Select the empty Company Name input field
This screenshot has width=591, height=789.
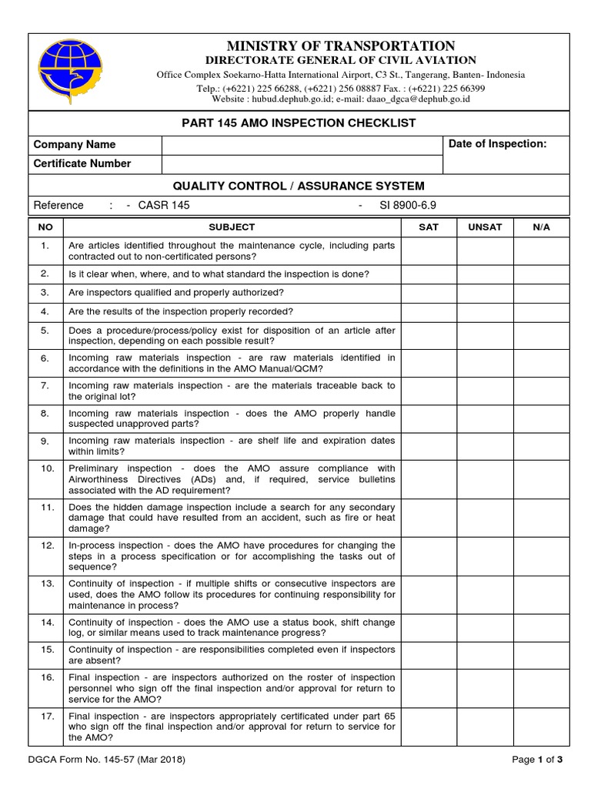(x=302, y=145)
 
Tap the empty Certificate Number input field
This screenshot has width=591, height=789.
(x=302, y=164)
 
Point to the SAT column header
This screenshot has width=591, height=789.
(x=428, y=227)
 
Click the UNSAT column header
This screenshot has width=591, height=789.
(x=485, y=227)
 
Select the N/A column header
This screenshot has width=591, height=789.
(x=542, y=227)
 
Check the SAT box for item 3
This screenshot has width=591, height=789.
(x=428, y=293)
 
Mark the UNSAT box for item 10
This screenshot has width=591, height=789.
(x=485, y=479)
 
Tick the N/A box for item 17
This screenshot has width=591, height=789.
(x=542, y=727)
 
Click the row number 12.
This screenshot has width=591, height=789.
(x=46, y=545)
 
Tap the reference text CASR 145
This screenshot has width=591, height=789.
(x=163, y=206)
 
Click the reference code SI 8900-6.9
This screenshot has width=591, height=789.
(x=407, y=206)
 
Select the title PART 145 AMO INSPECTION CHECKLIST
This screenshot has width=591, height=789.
(x=299, y=123)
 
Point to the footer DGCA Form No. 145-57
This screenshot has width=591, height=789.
(x=107, y=760)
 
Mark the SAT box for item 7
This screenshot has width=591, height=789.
(x=428, y=391)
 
